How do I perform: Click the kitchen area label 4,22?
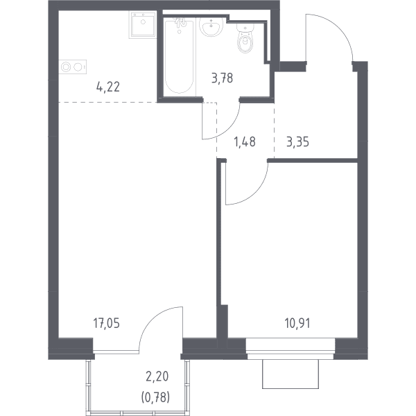coord(108,87)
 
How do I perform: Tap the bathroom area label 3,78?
coord(222,78)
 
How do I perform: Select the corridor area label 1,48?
coord(245,141)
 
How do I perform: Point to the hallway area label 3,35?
coord(297,141)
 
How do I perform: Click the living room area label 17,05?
coord(106,323)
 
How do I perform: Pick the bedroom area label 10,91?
coord(297,323)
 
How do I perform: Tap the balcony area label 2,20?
coord(157,376)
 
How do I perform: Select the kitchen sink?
coord(143,25)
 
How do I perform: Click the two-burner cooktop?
coord(72,67)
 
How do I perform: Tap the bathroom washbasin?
coord(211,27)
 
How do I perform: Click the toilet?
coord(245,38)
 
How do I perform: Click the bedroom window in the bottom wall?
coord(291,348)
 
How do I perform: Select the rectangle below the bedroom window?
coord(291,374)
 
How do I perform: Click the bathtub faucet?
coord(180,24)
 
